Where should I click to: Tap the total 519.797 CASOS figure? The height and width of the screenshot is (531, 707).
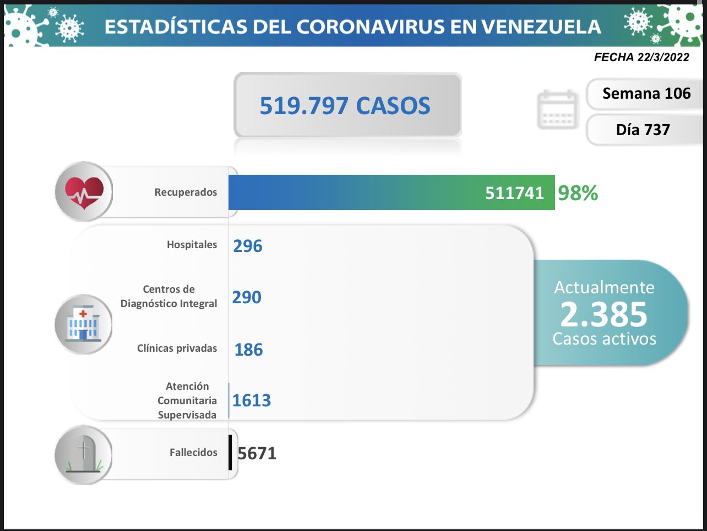click(x=345, y=105)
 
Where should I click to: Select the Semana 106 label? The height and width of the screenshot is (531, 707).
click(x=646, y=94)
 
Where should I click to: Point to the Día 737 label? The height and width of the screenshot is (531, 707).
click(x=643, y=130)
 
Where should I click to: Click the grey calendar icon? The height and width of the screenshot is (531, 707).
click(x=558, y=110)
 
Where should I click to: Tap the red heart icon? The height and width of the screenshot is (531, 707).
click(x=84, y=192)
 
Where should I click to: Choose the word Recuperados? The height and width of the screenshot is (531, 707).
click(x=186, y=192)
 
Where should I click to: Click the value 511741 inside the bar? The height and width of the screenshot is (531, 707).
click(x=514, y=193)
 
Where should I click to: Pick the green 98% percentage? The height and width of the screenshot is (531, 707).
click(x=578, y=193)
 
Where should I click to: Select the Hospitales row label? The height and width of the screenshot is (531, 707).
click(x=192, y=244)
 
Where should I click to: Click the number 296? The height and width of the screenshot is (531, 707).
click(x=247, y=246)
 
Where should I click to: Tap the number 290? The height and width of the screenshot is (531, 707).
click(x=246, y=297)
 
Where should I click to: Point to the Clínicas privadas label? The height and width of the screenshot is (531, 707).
click(x=177, y=348)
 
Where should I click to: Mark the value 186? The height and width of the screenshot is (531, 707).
click(x=248, y=350)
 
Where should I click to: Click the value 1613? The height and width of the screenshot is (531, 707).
click(x=252, y=400)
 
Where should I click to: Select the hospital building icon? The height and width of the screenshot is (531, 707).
click(x=83, y=324)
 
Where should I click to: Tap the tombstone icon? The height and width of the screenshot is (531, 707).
click(x=84, y=455)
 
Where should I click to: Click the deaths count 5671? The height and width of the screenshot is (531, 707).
click(x=257, y=453)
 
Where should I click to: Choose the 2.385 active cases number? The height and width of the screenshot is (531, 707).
click(x=604, y=314)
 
